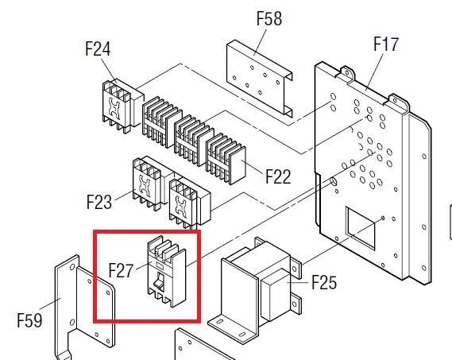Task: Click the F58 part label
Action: pyautogui.click(x=269, y=18)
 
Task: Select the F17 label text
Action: pyautogui.click(x=386, y=45)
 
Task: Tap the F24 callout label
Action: pyautogui.click(x=98, y=48)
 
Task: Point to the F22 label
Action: pyautogui.click(x=278, y=176)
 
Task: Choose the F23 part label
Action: pyautogui.click(x=99, y=202)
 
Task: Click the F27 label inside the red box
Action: pyautogui.click(x=121, y=270)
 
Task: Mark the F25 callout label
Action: pyautogui.click(x=324, y=282)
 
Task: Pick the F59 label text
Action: pyautogui.click(x=29, y=320)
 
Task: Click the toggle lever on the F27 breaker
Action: pyautogui.click(x=158, y=281)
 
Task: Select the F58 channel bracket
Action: pyautogui.click(x=260, y=78)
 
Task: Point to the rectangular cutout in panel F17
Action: pyautogui.click(x=361, y=228)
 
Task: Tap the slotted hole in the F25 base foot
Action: pyautogui.click(x=219, y=322)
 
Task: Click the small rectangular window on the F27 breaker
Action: pyautogui.click(x=160, y=265)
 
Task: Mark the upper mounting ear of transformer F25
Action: pyautogui.click(x=295, y=268)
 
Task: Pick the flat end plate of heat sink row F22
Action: pyautogui.click(x=238, y=165)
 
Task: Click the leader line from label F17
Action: pyautogui.click(x=375, y=72)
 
